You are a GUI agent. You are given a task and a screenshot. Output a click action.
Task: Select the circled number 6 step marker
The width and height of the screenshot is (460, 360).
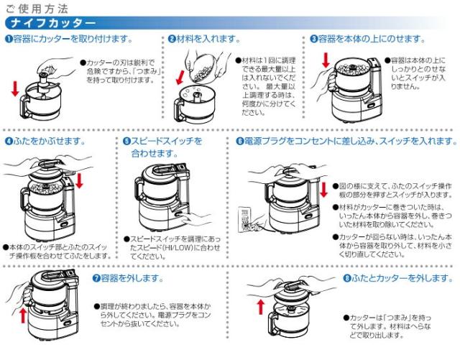[x=239, y=142]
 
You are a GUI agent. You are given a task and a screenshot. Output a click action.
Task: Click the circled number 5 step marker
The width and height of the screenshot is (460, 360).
[x=126, y=142]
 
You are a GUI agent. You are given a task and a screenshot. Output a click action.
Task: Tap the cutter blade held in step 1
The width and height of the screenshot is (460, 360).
[x=45, y=79]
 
